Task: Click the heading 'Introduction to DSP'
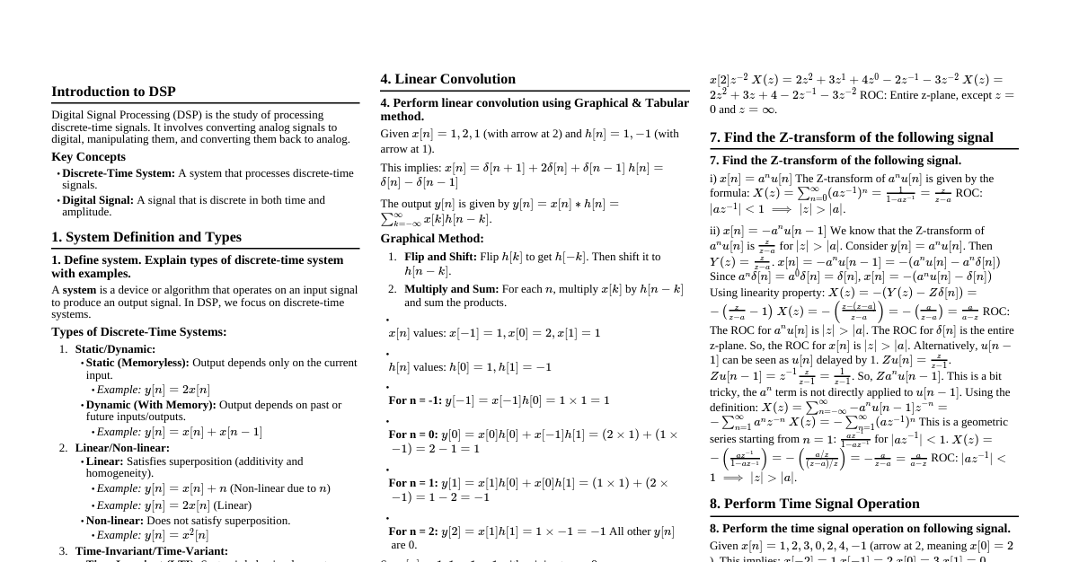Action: click(113, 92)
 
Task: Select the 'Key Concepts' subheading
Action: click(88, 156)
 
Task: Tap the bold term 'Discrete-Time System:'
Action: click(119, 173)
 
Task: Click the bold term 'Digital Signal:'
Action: click(98, 200)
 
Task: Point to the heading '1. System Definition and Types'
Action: click(146, 237)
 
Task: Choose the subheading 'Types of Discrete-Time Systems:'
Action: click(138, 331)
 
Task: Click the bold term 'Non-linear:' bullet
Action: click(114, 521)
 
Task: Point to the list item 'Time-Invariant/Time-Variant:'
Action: click(151, 551)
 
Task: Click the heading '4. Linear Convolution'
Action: click(447, 79)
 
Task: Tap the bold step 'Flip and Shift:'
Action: click(440, 257)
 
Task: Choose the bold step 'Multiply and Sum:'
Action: click(451, 289)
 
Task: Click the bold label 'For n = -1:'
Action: click(416, 400)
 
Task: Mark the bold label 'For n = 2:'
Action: click(414, 531)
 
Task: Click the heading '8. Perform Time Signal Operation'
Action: click(814, 504)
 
